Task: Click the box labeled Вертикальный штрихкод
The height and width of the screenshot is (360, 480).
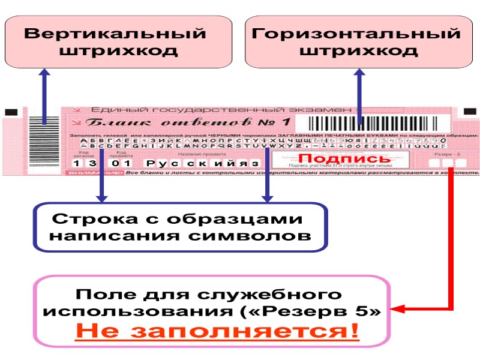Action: coord(118,41)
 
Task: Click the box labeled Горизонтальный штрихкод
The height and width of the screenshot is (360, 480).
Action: coord(358,41)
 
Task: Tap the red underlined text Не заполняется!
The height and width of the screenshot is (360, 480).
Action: coord(217,331)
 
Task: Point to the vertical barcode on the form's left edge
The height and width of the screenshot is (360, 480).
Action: coord(46,126)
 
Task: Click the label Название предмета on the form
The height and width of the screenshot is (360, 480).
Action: coord(193,154)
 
